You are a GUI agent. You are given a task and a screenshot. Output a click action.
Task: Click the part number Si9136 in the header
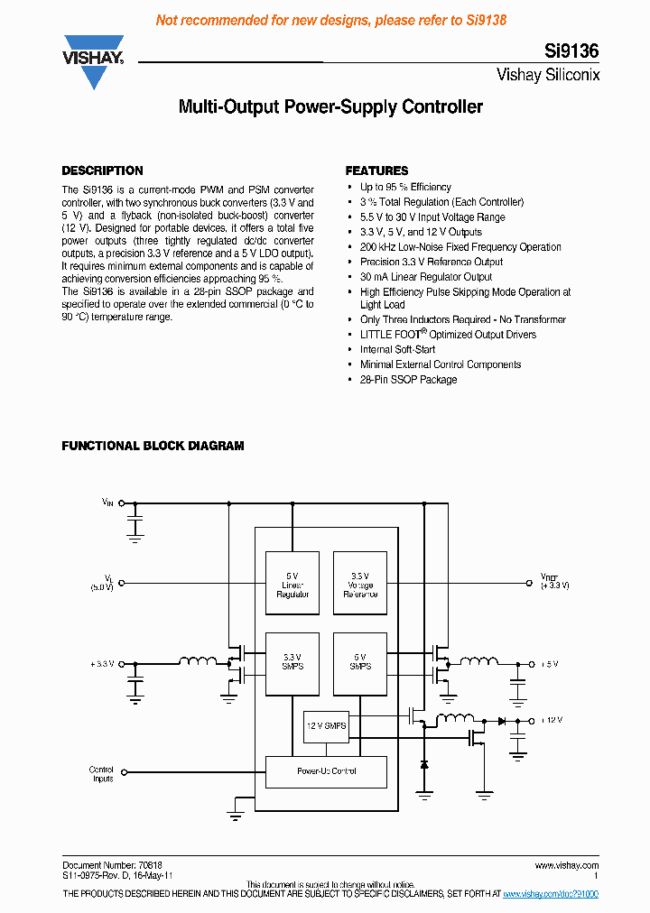pos(571,52)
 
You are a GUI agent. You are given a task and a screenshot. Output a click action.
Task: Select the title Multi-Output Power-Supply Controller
pos(330,107)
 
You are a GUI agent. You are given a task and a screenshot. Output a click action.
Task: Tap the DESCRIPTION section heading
pos(102,171)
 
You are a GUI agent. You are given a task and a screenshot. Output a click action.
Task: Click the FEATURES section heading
pos(376,171)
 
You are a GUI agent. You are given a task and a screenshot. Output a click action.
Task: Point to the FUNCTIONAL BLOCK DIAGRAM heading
pos(153,446)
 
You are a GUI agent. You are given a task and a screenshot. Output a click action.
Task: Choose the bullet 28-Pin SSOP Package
pos(408,380)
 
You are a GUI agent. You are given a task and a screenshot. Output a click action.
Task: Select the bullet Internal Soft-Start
pos(397,349)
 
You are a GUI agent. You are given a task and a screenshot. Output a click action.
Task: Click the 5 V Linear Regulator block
pos(292,585)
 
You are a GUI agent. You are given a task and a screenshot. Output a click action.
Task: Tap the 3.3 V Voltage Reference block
pos(360,585)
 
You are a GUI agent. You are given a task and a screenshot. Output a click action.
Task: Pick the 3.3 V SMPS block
pos(292,662)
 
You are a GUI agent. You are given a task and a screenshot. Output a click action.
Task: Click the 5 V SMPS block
pos(360,662)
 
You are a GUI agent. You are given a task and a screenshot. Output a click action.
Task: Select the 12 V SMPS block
pos(325,726)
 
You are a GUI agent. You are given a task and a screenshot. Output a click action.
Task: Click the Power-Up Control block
pos(326,771)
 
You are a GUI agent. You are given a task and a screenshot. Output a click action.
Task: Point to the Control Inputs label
pos(102,774)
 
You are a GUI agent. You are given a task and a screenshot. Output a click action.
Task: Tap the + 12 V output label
pos(551,720)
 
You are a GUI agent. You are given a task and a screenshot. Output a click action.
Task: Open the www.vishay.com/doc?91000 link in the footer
pos(550,894)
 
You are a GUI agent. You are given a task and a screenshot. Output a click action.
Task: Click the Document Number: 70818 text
pos(112,865)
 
